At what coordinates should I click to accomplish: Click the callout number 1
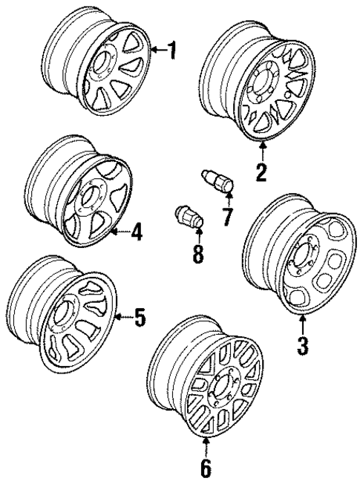pyautogui.click(x=172, y=51)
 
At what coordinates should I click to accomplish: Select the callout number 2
pyautogui.click(x=261, y=171)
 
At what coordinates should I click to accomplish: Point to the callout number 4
pyautogui.click(x=137, y=233)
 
